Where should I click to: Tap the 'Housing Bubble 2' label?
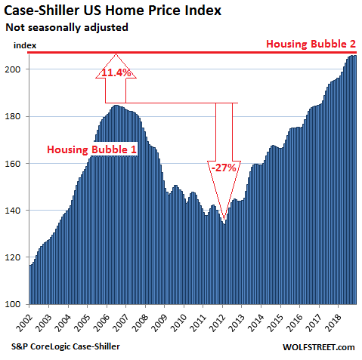click(311, 45)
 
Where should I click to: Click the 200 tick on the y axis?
click(17, 69)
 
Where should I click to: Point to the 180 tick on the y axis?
click(17, 116)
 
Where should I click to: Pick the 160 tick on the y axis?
click(17, 164)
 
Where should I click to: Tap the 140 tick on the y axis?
click(17, 211)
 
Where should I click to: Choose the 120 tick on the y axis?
click(17, 257)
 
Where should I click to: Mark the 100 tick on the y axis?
click(17, 304)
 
